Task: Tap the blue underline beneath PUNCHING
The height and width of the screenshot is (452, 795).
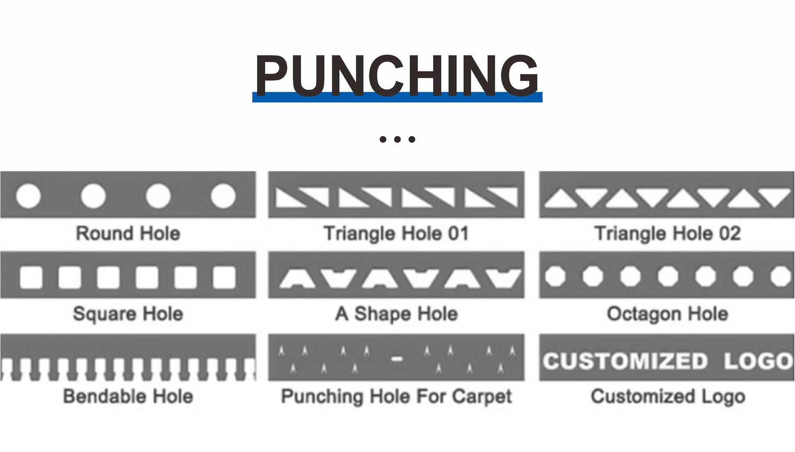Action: [x=397, y=98]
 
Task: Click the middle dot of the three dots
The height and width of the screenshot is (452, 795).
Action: [x=397, y=139]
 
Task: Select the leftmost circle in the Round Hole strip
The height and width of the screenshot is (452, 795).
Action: [x=28, y=196]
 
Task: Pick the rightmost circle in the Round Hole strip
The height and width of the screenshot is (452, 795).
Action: [x=223, y=196]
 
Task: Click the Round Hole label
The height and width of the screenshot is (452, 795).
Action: [x=128, y=233]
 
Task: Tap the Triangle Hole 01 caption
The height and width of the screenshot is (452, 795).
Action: [x=396, y=233]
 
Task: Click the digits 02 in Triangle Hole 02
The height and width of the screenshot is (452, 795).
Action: [x=730, y=233]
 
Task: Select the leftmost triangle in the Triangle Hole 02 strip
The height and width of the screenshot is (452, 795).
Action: [x=561, y=199]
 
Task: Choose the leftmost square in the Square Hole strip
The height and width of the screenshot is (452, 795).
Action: [x=31, y=277]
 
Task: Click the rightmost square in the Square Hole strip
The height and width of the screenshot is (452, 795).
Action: [x=224, y=277]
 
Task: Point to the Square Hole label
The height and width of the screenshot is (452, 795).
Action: [x=128, y=313]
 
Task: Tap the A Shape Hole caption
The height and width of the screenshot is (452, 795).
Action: [x=396, y=313]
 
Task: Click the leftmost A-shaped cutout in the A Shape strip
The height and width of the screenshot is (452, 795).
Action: [x=297, y=279]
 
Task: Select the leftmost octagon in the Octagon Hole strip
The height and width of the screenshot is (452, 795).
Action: [x=555, y=276]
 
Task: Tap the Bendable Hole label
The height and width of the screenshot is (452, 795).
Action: [x=128, y=396]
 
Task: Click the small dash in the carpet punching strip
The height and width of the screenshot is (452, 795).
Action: [x=397, y=359]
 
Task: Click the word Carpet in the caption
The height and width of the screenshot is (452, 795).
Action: [x=482, y=396]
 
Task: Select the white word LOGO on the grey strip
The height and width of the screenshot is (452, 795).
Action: [x=758, y=361]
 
